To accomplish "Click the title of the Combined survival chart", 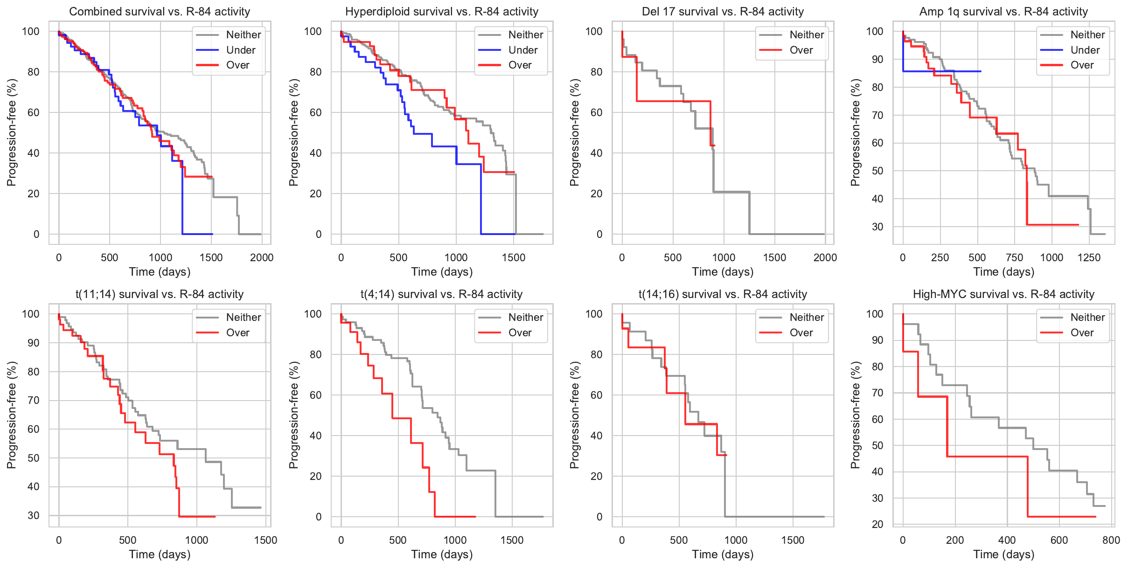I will click(160, 12).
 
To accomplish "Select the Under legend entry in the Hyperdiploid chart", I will click(522, 50).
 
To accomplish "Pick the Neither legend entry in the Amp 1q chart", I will click(1087, 35).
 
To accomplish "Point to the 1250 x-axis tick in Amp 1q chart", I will click(1089, 258).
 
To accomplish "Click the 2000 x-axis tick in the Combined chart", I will click(262, 258).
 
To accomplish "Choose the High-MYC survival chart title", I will click(1003, 294).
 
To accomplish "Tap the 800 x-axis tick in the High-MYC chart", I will click(1111, 540).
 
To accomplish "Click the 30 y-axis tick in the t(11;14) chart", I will click(34, 515).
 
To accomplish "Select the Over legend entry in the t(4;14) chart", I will click(520, 332).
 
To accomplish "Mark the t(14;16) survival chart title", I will click(723, 294).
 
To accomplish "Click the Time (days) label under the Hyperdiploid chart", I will click(442, 272).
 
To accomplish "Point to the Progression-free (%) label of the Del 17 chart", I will click(574, 132).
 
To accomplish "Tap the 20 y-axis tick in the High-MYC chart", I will click(877, 524).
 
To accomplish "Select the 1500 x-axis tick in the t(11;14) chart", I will click(265, 540).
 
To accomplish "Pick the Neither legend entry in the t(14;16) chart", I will click(807, 317).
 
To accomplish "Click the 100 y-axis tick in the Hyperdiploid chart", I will click(313, 31).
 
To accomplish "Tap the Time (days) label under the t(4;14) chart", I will click(442, 554).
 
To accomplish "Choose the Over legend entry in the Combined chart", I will click(237, 65).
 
